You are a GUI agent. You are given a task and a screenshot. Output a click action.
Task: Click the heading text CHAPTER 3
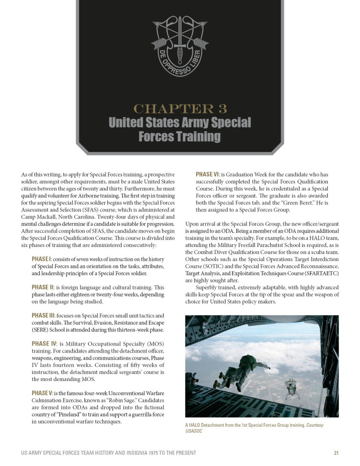(180, 109)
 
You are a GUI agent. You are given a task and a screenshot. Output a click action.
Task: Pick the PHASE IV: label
(44, 344)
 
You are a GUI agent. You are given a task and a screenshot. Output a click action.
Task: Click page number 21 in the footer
(336, 452)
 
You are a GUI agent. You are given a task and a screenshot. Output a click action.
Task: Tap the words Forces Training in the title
(180, 136)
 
